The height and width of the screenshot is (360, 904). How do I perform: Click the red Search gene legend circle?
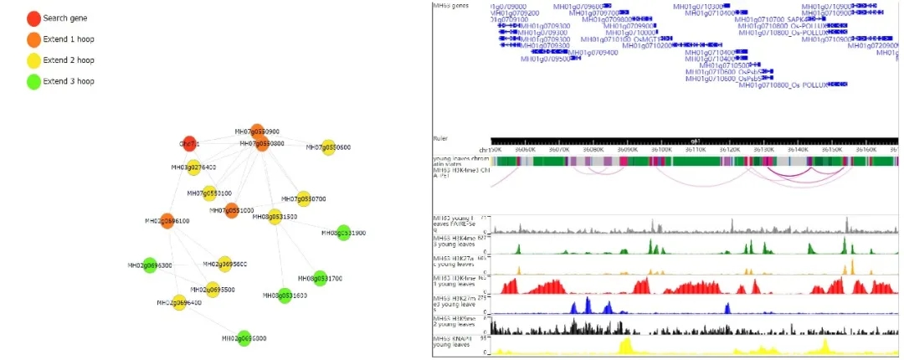[x=33, y=18]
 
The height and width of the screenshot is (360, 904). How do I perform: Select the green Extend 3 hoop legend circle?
[x=33, y=80]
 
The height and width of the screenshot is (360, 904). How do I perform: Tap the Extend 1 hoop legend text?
[x=69, y=39]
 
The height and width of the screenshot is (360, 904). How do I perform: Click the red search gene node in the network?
[x=190, y=144]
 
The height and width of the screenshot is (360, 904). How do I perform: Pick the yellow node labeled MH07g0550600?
[x=328, y=147]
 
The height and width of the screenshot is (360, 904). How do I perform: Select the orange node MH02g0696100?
[x=167, y=221]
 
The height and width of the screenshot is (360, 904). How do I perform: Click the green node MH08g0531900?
[x=343, y=233]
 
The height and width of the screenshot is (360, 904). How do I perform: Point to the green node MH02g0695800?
[x=244, y=338]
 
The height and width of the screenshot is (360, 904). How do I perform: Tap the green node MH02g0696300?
[x=150, y=265]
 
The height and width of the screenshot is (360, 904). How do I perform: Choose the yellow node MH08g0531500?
[x=274, y=217]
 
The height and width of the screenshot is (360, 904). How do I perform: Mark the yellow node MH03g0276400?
[x=193, y=167]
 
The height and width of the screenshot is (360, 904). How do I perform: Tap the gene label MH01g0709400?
[x=592, y=52]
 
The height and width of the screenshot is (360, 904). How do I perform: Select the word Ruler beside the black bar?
[x=440, y=137]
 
